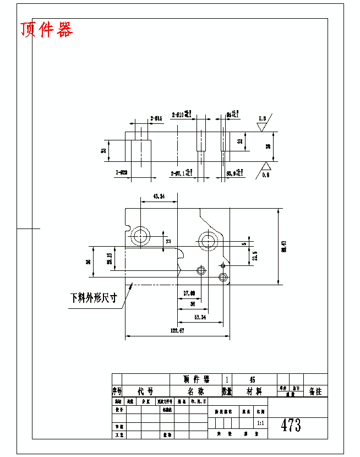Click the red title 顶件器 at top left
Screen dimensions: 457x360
click(47, 30)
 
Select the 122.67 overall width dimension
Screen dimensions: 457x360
click(177, 330)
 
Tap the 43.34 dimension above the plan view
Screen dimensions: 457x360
click(159, 196)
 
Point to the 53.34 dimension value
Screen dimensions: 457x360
click(200, 317)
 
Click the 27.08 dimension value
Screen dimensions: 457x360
click(189, 292)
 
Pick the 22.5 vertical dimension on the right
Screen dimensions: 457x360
click(255, 257)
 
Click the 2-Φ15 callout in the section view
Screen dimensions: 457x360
click(156, 118)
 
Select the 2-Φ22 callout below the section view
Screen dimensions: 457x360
click(122, 173)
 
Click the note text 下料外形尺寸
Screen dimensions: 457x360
click(94, 298)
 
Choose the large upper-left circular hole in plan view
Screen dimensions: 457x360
click(140, 237)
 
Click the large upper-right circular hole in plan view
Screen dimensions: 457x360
click(209, 240)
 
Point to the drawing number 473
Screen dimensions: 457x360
click(291, 425)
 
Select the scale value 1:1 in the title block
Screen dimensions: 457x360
click(260, 423)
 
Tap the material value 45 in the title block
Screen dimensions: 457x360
click(253, 380)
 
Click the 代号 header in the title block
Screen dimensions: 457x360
click(145, 391)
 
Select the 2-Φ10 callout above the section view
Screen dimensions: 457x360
click(181, 115)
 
